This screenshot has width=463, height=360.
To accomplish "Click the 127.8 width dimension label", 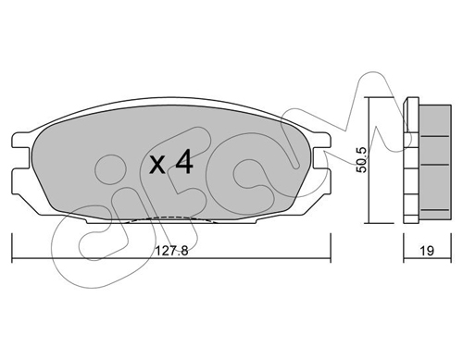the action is click(171, 251).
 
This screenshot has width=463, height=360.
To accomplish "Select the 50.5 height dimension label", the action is click(361, 160).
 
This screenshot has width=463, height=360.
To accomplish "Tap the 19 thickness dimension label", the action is click(427, 251).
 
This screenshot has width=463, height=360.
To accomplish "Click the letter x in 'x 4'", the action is click(157, 165).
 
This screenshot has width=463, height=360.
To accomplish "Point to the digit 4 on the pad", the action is click(184, 163).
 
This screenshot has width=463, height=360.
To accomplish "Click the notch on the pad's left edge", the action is click(21, 158).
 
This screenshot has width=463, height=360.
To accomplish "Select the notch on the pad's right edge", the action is click(321, 158).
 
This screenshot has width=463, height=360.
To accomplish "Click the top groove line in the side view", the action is click(434, 136).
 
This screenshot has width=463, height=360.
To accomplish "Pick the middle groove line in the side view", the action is click(434, 165).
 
